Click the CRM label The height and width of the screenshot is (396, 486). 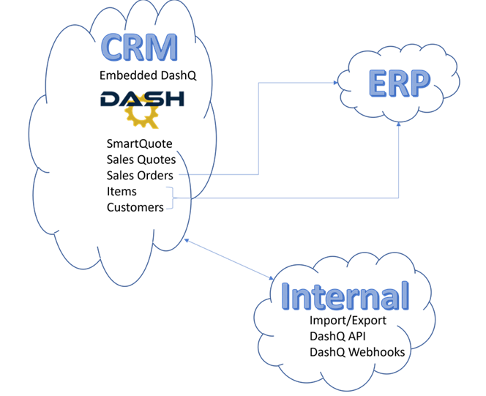[x=139, y=47]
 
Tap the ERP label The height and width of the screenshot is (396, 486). [x=399, y=83]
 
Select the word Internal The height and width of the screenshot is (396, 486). [x=345, y=296]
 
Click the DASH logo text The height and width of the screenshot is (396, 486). [x=143, y=100]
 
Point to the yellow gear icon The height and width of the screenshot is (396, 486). [x=141, y=115]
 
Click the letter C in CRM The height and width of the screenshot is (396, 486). [x=113, y=47]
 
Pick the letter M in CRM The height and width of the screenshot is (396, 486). [x=165, y=47]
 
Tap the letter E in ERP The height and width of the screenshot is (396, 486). [x=376, y=83]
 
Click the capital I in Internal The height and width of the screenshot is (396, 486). [x=286, y=296]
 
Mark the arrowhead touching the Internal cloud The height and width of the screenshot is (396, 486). [x=272, y=278]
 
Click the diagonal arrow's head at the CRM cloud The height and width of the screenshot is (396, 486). [x=185, y=239]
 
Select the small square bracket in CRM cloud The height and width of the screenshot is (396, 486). [x=170, y=198]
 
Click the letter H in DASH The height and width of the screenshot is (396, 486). [x=175, y=100]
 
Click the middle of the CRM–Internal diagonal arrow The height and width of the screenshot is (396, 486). [x=228, y=258]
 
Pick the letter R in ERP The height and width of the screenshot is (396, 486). [x=398, y=83]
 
